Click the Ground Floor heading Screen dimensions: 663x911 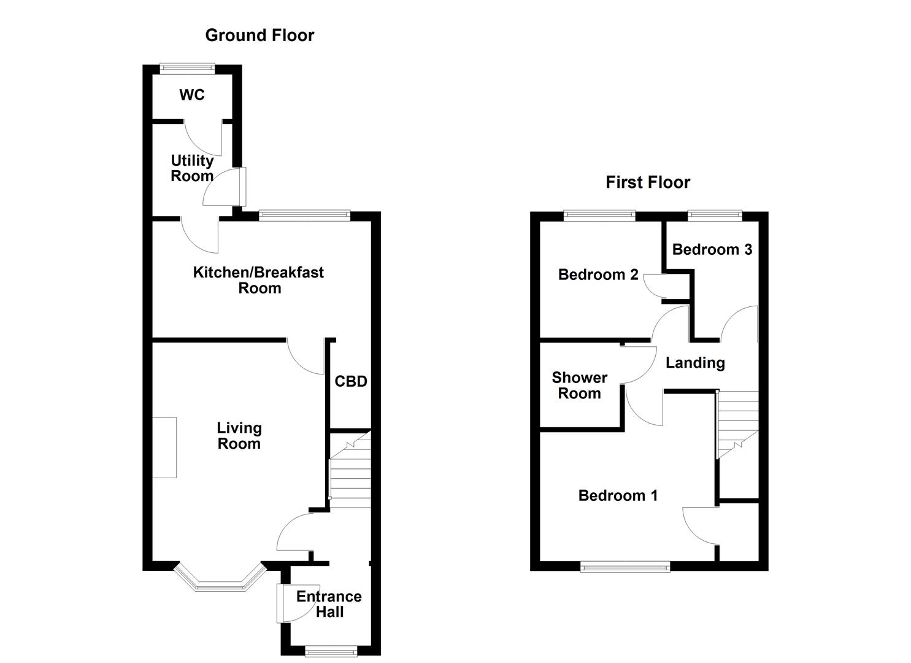[x=259, y=36]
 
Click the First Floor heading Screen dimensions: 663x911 [x=648, y=182]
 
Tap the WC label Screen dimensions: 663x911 [x=192, y=95]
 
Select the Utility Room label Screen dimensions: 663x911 [x=192, y=168]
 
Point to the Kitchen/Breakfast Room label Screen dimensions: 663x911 [x=259, y=280]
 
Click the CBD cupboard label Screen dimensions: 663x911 [x=351, y=382]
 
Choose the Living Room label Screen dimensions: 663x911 [x=239, y=436]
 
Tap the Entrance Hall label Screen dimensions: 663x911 [x=329, y=604]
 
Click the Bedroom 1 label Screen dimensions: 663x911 [x=618, y=495]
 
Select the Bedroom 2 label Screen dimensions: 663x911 [x=598, y=274]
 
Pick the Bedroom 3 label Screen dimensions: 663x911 [x=712, y=249]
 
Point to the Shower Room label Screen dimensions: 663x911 [x=579, y=386]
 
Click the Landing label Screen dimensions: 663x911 [x=695, y=363]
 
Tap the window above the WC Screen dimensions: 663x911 [x=188, y=69]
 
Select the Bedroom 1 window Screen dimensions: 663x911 [x=626, y=567]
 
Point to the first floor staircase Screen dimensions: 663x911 [x=738, y=424]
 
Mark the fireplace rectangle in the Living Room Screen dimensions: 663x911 [x=164, y=448]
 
